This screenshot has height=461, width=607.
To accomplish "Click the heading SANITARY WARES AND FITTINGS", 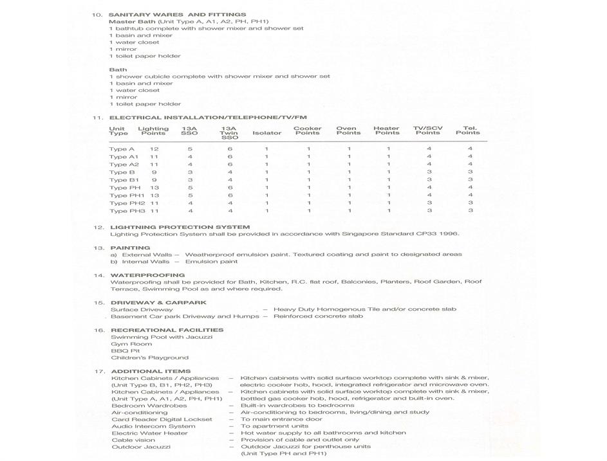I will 177,14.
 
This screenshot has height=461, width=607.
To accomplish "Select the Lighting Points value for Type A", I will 154,149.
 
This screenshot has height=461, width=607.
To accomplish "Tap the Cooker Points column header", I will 308,131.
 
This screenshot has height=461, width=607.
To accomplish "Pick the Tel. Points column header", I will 468,131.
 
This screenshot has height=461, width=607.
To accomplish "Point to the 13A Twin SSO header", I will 230,133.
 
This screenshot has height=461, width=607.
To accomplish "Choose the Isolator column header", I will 266,133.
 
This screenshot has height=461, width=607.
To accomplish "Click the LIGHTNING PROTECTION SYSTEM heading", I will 180,227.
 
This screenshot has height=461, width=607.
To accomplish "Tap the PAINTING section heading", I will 130,248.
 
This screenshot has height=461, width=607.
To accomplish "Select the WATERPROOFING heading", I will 147,275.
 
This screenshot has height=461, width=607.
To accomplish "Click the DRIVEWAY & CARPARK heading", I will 158,302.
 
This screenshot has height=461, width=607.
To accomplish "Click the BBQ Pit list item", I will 125,351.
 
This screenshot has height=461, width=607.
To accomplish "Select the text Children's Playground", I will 149,357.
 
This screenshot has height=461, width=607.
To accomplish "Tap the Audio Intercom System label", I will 153,426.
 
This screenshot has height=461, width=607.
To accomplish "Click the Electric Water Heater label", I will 149,433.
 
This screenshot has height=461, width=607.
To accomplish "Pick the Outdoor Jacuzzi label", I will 141,447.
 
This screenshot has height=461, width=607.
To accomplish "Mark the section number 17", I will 99,372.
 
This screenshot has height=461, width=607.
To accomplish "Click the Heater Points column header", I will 386,131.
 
